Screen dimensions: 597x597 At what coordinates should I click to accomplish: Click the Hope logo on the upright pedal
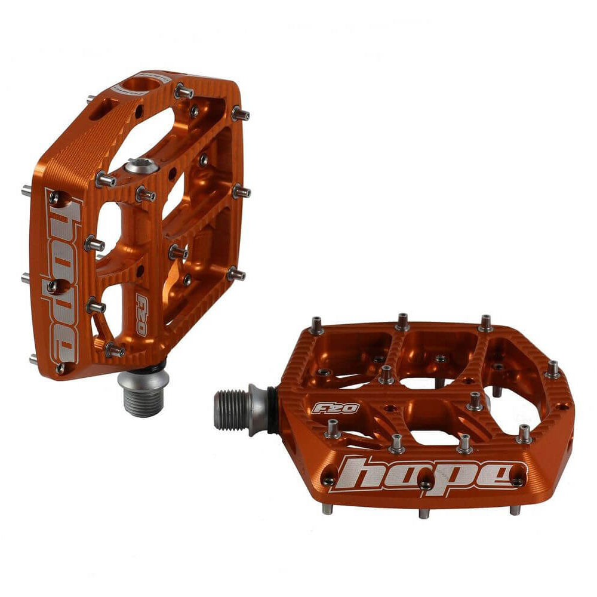point(63,281)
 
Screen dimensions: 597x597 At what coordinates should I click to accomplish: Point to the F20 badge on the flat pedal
point(336,408)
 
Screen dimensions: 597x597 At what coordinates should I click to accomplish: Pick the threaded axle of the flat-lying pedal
point(232,410)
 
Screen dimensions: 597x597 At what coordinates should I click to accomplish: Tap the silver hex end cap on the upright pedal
point(141,165)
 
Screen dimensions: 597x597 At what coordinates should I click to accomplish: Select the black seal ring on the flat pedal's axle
point(272,410)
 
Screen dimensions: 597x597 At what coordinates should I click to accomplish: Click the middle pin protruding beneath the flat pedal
point(424,513)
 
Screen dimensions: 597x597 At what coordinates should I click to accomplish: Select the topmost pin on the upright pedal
point(184,91)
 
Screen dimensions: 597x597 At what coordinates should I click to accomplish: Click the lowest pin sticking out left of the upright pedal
point(34,359)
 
